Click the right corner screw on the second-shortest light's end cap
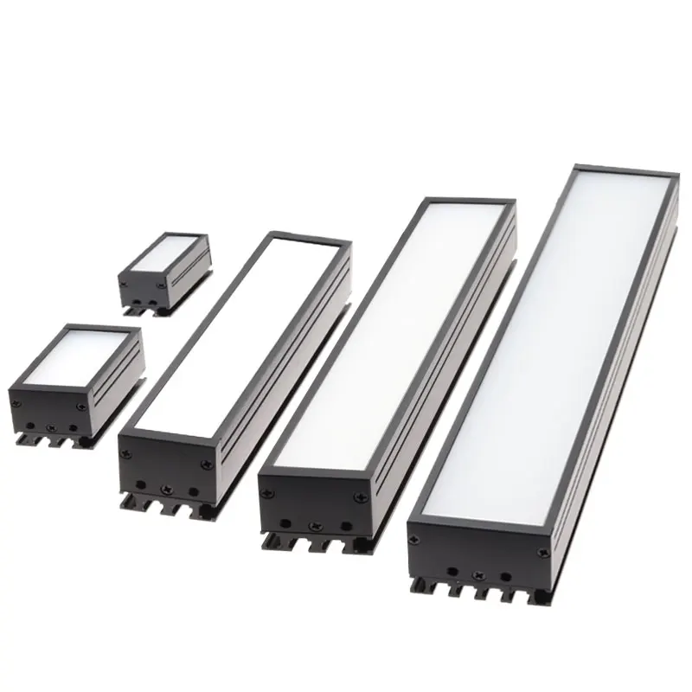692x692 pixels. pyautogui.click(x=80, y=406)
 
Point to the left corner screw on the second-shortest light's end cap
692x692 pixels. pyautogui.click(x=15, y=399)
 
